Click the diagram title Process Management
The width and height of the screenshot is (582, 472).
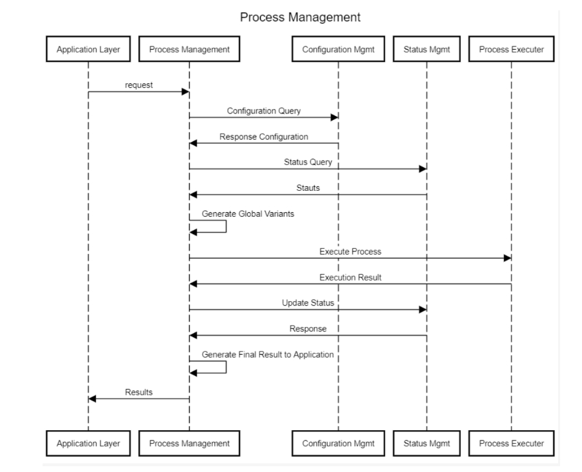(300, 17)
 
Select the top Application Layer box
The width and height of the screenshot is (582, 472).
(88, 49)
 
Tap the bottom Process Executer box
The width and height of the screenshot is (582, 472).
(511, 443)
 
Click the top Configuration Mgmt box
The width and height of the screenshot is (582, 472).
(338, 49)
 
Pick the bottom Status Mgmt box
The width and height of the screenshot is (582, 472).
(426, 443)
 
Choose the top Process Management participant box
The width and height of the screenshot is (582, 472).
(189, 49)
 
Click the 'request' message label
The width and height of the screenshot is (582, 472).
(139, 85)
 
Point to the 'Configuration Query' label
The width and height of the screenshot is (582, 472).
(263, 111)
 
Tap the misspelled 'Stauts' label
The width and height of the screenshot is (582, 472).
(308, 188)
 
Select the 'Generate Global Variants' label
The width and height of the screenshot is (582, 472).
(248, 213)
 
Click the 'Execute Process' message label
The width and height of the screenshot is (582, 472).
(350, 251)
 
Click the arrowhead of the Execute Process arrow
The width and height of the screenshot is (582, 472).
(507, 258)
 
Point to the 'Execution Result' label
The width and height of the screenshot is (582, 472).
(350, 277)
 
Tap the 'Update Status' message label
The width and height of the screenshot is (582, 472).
(308, 303)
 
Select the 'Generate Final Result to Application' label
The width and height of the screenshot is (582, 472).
(268, 355)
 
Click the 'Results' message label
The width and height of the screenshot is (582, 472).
(139, 392)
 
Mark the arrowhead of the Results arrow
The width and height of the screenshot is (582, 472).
(92, 398)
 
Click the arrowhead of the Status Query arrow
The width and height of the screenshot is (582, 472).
(423, 169)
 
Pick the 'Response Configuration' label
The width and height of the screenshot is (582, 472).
(263, 137)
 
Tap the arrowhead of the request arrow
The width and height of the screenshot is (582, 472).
(185, 92)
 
